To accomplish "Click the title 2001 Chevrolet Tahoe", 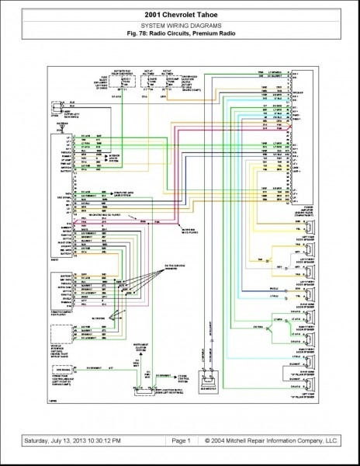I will pyautogui.click(x=179, y=15).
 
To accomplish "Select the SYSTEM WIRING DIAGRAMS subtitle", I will pyautogui.click(x=179, y=25).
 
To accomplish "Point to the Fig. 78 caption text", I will pyautogui.click(x=179, y=33).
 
